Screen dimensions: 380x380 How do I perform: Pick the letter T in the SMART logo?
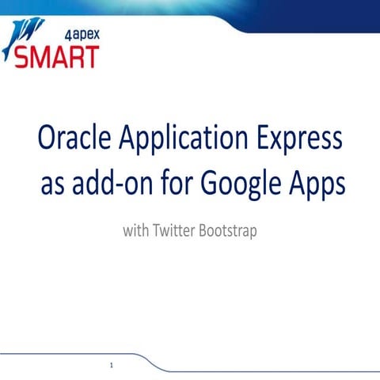pos(92,57)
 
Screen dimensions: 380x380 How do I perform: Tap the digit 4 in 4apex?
pos(64,34)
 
